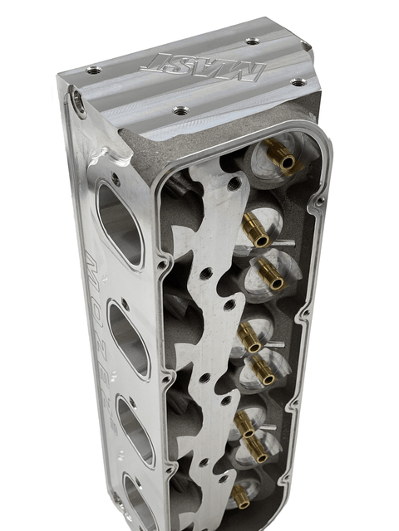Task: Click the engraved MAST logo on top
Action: (203, 66)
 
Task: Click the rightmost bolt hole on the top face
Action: (298, 82)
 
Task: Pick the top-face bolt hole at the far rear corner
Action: (252, 40)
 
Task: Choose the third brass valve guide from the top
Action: (268, 271)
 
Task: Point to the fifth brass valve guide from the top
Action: (260, 371)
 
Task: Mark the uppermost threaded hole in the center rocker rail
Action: (236, 180)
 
